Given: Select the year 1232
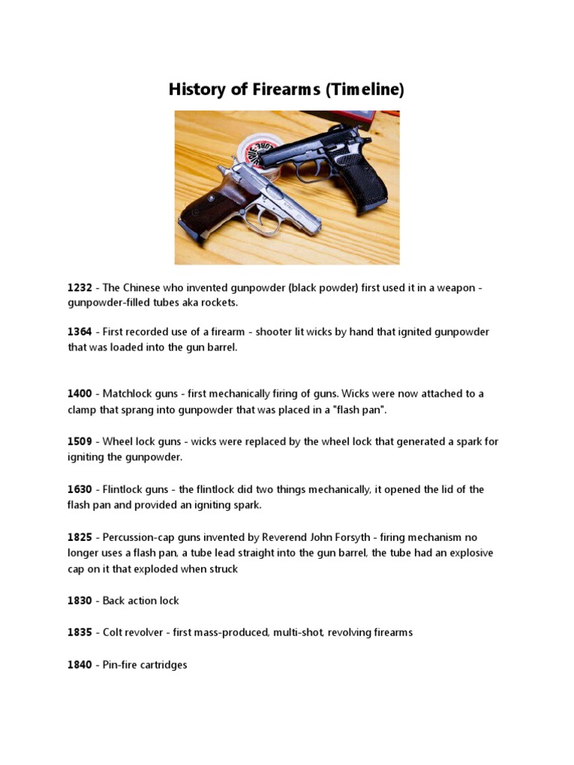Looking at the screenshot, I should click(80, 288).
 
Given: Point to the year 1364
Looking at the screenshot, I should click(80, 332).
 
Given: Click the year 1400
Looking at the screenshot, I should click(80, 394).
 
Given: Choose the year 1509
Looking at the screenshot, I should click(80, 442).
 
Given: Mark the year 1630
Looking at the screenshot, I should click(80, 489).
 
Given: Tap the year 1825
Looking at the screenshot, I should click(80, 537).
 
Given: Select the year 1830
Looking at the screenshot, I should click(80, 601).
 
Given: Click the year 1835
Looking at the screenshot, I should click(80, 633).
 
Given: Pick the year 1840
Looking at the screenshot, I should click(80, 664).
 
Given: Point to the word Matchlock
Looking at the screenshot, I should click(128, 394).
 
